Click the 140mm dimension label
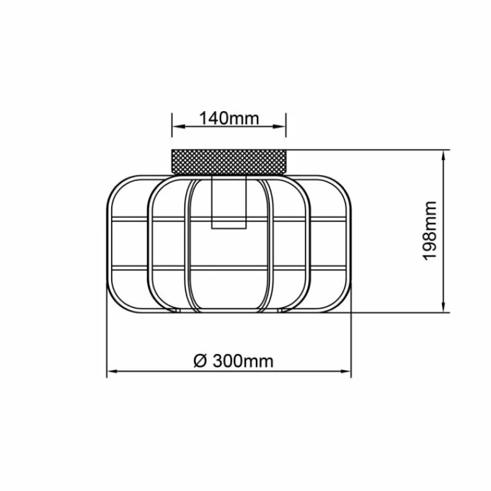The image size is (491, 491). click(x=229, y=118)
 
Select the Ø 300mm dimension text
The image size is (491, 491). click(x=233, y=361)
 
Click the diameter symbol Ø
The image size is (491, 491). click(x=201, y=361)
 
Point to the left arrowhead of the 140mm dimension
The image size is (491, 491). click(x=179, y=126)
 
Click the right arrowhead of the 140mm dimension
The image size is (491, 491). click(x=279, y=126)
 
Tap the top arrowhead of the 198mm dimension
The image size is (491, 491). click(x=443, y=157)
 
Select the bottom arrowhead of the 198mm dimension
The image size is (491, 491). click(x=443, y=306)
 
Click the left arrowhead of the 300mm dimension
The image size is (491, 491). click(x=114, y=372)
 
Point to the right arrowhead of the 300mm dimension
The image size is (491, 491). click(x=344, y=372)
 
